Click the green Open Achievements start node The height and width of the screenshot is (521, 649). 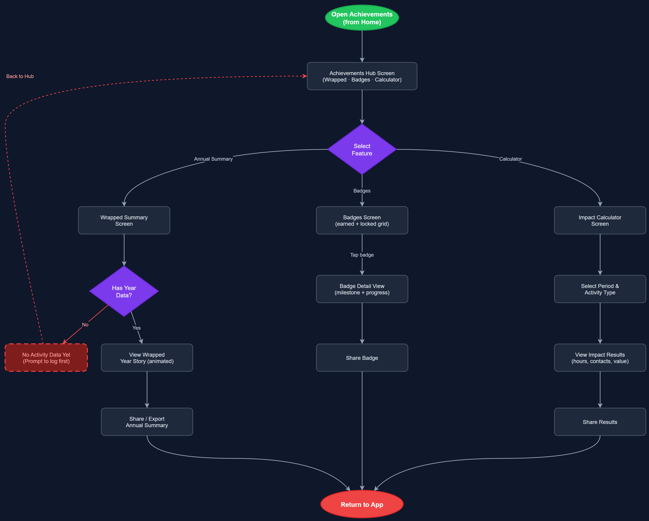[x=362, y=18]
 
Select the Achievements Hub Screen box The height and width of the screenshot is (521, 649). [x=362, y=76]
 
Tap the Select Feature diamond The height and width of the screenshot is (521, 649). [x=362, y=149]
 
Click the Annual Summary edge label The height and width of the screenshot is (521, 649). [x=213, y=159]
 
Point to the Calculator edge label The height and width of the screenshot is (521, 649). [x=510, y=159]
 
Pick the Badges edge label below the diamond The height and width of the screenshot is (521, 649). [x=362, y=191]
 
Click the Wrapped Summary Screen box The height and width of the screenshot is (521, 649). [x=124, y=220]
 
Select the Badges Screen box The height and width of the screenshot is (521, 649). [x=362, y=220]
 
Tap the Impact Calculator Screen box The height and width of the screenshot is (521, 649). [x=600, y=220]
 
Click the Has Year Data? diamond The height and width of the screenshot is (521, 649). [x=124, y=291]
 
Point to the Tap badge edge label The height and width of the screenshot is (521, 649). [x=362, y=255]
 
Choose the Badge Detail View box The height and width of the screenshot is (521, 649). [x=362, y=289]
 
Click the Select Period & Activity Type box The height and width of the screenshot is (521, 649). [x=600, y=289]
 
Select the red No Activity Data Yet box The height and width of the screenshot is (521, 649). [x=46, y=358]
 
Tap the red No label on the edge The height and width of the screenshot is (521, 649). [x=85, y=325]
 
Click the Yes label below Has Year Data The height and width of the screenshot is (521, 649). [x=136, y=328]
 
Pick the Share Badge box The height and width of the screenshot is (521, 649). [x=362, y=358]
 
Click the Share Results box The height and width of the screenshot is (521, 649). [x=600, y=422]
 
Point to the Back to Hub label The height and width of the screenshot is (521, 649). [x=20, y=76]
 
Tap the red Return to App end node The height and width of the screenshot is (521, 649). [x=362, y=505]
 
